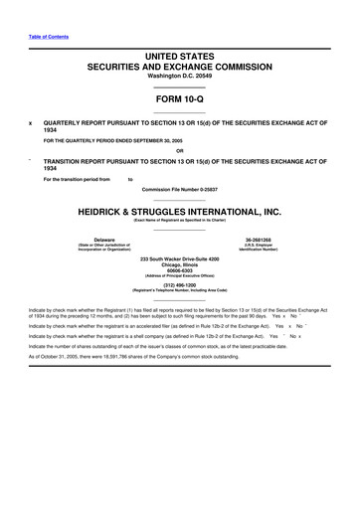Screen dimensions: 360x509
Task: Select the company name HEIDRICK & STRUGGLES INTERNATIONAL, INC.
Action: click(x=179, y=211)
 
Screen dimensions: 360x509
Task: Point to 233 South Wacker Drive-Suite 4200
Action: click(x=179, y=257)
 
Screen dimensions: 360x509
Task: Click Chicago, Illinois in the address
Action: click(x=179, y=263)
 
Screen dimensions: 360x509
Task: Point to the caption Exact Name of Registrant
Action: click(x=179, y=220)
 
